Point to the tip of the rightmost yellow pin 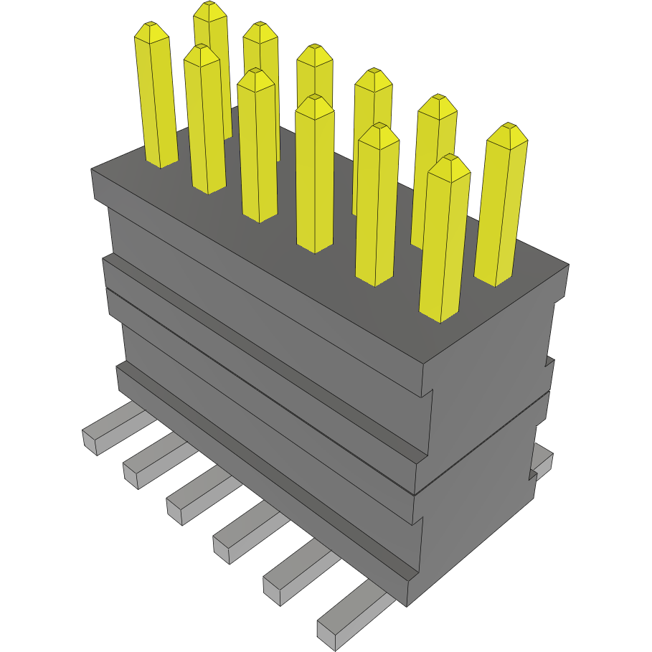[x=509, y=129]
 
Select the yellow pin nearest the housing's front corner [x=443, y=237]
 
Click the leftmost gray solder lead [x=108, y=429]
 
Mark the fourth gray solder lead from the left [x=240, y=534]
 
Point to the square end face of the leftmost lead [x=90, y=443]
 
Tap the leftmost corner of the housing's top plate [x=93, y=170]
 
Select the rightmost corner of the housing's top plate [x=568, y=265]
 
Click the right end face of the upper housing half [x=488, y=402]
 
